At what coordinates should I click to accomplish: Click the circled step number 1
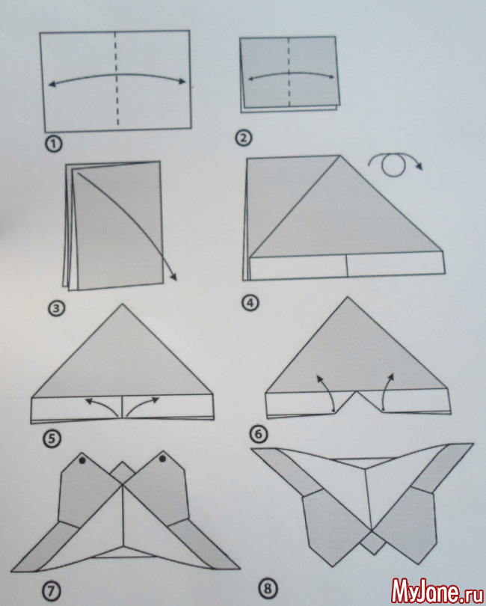coord(54,144)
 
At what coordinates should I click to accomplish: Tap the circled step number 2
coord(244,138)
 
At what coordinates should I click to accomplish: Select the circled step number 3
coord(56,308)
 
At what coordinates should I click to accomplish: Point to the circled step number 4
coord(250,302)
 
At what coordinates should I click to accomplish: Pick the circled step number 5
coord(53,438)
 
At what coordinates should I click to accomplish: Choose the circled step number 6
coord(259,434)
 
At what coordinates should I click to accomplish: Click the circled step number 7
coord(52,590)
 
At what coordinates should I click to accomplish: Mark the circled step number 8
coord(268,589)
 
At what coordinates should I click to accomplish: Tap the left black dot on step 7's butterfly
coord(82,460)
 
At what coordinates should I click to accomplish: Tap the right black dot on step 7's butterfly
coord(162,459)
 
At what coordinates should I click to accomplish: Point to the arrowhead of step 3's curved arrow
coord(173,277)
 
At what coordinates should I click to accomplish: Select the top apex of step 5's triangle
coord(123,304)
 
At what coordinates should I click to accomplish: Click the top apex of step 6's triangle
coord(348,297)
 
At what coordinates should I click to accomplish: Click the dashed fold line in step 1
coord(117,79)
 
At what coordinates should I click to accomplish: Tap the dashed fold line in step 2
coord(289,72)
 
